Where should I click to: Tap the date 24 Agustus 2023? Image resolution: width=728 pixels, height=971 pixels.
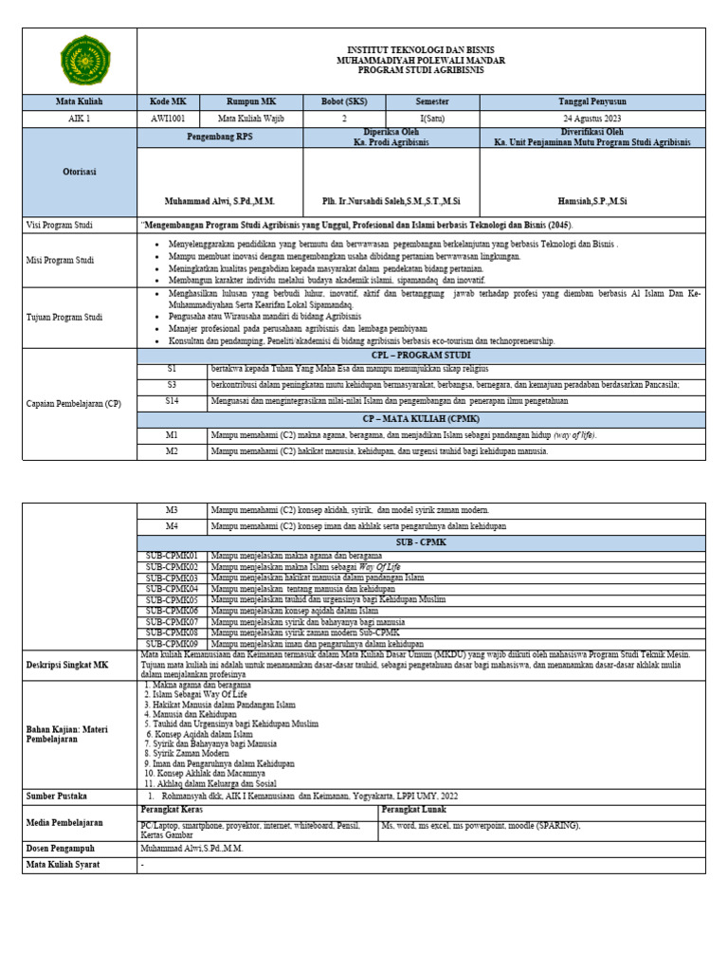(592, 119)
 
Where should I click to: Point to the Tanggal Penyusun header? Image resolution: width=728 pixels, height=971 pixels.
(592, 101)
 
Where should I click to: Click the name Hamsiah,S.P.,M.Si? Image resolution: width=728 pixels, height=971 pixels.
(592, 201)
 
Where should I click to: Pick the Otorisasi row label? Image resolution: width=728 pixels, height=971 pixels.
(80, 172)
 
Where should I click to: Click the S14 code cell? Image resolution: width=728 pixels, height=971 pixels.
(172, 401)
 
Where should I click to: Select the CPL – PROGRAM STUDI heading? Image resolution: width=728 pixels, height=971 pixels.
(420, 354)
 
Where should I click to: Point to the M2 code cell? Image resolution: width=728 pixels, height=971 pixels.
(172, 451)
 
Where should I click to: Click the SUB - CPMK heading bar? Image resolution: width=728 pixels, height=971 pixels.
(420, 543)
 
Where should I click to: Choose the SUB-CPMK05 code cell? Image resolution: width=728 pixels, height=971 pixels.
(172, 600)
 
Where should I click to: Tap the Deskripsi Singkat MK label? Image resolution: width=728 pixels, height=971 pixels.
(66, 665)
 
